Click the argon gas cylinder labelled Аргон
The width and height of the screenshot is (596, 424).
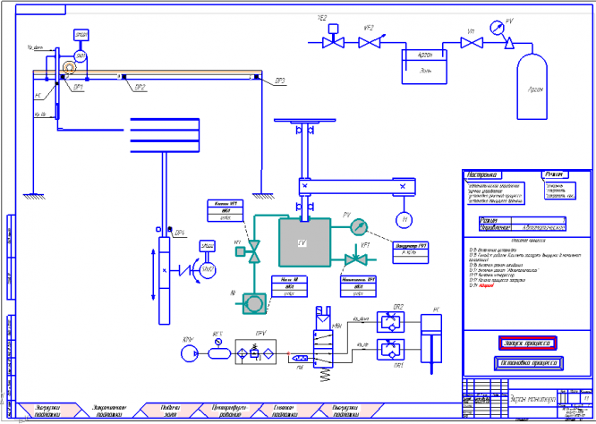click(536, 87)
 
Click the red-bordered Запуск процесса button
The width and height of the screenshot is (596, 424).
click(527, 342)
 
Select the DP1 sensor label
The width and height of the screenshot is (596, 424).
click(79, 87)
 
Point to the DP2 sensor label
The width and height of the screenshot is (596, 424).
click(140, 87)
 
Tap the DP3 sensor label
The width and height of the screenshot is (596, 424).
click(280, 81)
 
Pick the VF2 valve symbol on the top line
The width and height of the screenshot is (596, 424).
click(367, 41)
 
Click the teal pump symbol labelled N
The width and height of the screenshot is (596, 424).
click(255, 304)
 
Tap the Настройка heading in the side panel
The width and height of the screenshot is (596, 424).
click(484, 175)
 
